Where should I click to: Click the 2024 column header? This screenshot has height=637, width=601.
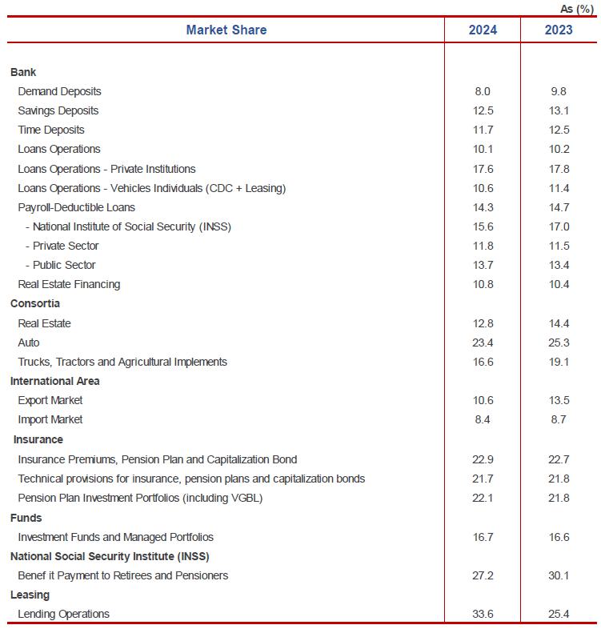point(483,30)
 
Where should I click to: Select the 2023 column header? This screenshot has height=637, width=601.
point(558,30)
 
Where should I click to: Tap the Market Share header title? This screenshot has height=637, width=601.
point(226,30)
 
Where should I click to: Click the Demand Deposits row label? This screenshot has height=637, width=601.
point(59,91)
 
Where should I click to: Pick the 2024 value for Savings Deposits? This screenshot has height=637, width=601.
point(483,110)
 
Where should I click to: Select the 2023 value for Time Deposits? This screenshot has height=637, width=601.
point(558,130)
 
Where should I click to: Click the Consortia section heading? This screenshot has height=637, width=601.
point(35,303)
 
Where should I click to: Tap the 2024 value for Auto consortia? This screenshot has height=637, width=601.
point(483,343)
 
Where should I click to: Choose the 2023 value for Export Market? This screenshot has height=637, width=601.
point(558,400)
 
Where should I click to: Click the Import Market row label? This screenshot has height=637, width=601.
point(50,419)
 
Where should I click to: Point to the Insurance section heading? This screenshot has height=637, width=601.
point(38,439)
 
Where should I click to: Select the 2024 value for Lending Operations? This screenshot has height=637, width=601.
point(483,614)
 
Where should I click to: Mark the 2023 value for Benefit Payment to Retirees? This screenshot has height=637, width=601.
point(558,575)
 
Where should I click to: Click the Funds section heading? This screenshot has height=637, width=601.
point(26,518)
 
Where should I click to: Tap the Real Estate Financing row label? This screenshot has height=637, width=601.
point(69,284)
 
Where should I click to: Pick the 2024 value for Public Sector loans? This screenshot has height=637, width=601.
point(483,265)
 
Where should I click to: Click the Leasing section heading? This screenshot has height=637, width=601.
point(30,595)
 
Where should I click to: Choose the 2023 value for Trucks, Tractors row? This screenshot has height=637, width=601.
point(558,362)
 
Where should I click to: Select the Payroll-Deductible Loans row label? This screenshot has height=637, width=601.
point(76,207)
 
